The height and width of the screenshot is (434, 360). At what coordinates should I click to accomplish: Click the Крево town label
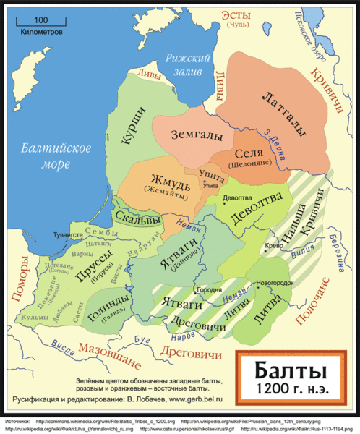(x=274, y=245)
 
